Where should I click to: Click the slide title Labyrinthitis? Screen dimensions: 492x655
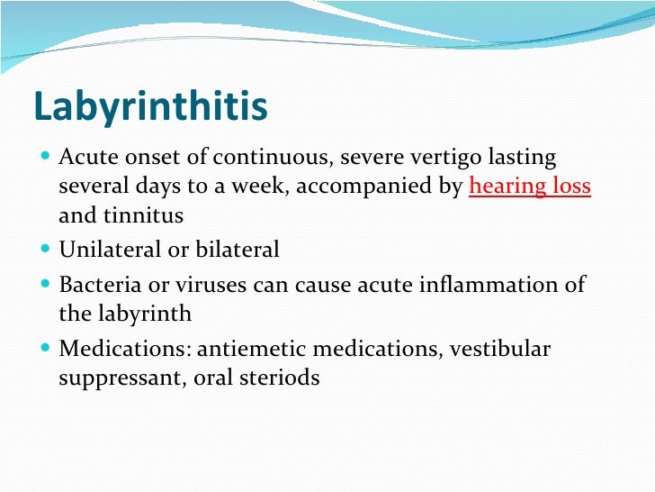tap(150, 106)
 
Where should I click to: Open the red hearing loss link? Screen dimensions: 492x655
tap(530, 187)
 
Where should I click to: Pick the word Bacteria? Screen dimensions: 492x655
tap(96, 285)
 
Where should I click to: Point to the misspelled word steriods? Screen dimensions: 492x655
tap(281, 378)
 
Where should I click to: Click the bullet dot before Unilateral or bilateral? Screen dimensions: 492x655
tap(46, 250)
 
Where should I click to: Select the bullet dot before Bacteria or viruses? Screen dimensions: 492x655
tap(46, 285)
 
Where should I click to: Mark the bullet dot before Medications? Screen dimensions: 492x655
tap(46, 349)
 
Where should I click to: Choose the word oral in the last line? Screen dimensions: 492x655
tap(210, 378)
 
